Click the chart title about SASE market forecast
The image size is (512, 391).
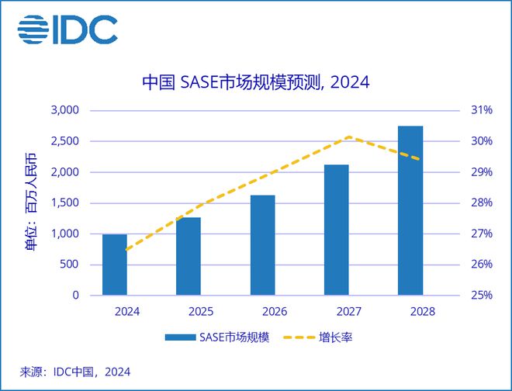[x=256, y=83]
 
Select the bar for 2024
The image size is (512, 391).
[x=115, y=265]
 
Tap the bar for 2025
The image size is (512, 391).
[x=189, y=256]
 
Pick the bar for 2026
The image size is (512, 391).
[x=262, y=245]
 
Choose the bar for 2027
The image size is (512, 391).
[x=337, y=230]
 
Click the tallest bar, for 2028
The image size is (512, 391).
[x=410, y=211]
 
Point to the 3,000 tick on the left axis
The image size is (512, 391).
[x=65, y=110]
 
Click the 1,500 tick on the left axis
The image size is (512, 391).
[x=65, y=203]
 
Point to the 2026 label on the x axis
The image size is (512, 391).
[x=262, y=311]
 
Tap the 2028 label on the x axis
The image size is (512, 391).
[x=410, y=311]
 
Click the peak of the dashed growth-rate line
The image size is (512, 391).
[x=350, y=137]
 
